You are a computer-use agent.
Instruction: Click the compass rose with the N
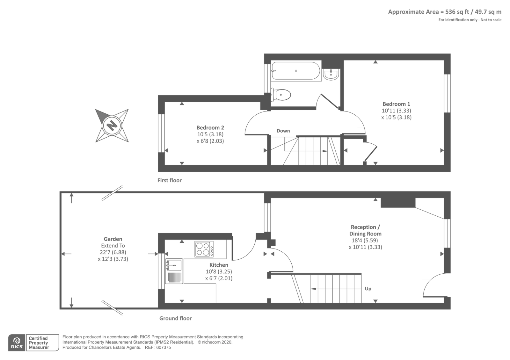(x=112, y=125)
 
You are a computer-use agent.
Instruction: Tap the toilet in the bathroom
(x=281, y=95)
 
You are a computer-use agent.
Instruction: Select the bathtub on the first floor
(x=295, y=71)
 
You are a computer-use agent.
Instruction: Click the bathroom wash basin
(x=331, y=75)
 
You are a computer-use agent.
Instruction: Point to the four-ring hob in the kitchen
(x=204, y=249)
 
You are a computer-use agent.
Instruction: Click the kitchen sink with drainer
(x=174, y=271)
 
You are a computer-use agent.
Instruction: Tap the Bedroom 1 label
(x=396, y=104)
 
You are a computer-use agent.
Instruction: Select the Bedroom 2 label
(x=210, y=127)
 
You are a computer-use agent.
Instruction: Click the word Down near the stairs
(x=283, y=131)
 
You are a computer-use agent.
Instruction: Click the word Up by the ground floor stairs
(x=368, y=289)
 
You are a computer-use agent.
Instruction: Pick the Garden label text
(x=113, y=239)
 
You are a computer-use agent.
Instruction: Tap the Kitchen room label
(x=219, y=265)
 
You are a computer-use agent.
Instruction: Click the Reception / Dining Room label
(x=365, y=230)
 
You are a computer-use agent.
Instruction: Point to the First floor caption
(x=169, y=180)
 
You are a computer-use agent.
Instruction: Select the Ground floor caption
(x=175, y=318)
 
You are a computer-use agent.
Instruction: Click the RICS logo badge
(x=17, y=343)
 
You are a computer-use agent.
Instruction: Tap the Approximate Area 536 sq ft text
(x=444, y=12)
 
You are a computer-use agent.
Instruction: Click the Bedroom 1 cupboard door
(x=371, y=154)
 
